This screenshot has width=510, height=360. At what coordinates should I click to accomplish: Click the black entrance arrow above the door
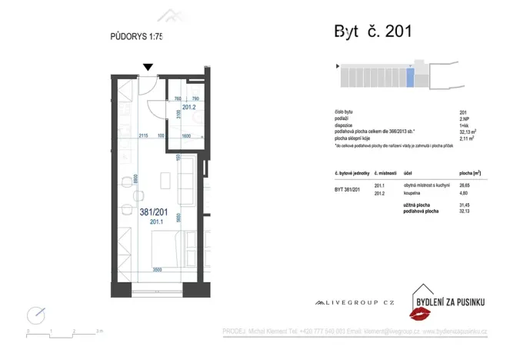[x=148, y=68]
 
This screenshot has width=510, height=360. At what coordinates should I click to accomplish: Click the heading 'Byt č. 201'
[x=372, y=32]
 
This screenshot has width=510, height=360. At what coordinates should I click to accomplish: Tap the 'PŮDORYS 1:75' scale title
[x=137, y=35]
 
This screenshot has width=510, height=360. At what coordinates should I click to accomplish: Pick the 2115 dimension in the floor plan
[x=143, y=136]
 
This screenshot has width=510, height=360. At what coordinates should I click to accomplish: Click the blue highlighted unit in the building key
[x=410, y=78]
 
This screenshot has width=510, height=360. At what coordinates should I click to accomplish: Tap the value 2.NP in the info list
[x=464, y=119]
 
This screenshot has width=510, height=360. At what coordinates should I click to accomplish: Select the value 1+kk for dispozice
[x=463, y=126]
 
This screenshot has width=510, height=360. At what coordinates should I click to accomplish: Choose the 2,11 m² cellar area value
[x=466, y=138]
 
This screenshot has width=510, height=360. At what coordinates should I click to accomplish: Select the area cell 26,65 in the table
[x=465, y=186]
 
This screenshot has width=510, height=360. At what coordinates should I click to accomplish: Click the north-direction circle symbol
[x=35, y=315]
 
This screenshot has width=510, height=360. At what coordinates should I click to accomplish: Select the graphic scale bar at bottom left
[x=62, y=328]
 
